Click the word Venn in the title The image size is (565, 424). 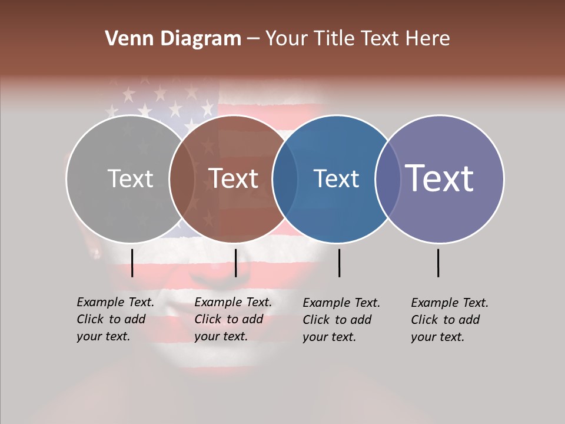[x=127, y=39]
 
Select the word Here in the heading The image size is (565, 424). [x=427, y=39]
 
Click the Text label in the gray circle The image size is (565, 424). [x=130, y=178]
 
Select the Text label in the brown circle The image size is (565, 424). [x=234, y=178]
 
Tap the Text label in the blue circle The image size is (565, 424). [x=336, y=178]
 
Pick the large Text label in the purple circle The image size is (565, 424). [x=440, y=178]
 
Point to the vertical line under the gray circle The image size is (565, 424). [x=132, y=263]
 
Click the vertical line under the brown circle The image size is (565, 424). [x=235, y=263]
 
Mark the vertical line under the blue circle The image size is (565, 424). [x=339, y=263]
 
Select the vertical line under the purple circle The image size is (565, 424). [x=438, y=263]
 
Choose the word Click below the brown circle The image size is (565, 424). [x=207, y=319]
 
